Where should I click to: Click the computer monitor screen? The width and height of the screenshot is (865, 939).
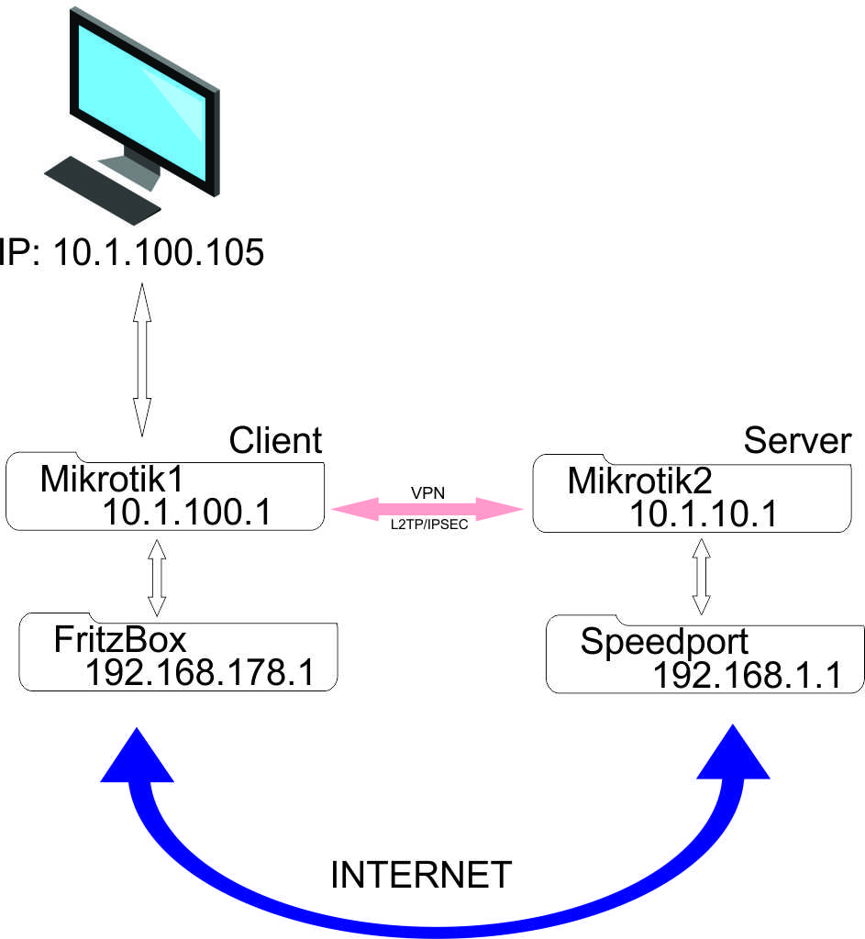141,101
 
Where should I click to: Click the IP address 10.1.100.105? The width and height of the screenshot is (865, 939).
158,252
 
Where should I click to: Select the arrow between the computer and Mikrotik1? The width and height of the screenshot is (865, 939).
142,359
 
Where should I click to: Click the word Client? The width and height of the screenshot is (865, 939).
275,441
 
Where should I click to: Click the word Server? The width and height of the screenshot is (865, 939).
797,441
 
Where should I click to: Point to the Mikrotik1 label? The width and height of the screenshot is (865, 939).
112,479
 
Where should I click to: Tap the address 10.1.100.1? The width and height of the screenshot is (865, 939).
187,513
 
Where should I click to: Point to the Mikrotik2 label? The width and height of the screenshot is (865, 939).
639,481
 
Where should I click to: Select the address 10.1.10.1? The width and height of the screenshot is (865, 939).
704,514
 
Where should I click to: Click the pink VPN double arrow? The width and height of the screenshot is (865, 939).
427,508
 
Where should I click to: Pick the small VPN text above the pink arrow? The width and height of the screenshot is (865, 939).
427,492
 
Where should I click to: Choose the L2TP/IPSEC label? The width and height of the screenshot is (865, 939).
429,525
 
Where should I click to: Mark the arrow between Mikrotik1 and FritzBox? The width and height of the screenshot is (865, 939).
156,578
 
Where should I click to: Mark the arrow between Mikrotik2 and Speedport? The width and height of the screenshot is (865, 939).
701,577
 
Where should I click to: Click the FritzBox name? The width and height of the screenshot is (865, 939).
120,639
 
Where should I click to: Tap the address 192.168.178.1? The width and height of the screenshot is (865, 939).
200,672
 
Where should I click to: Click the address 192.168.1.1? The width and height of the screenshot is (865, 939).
748,675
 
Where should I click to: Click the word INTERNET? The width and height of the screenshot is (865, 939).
421,875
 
